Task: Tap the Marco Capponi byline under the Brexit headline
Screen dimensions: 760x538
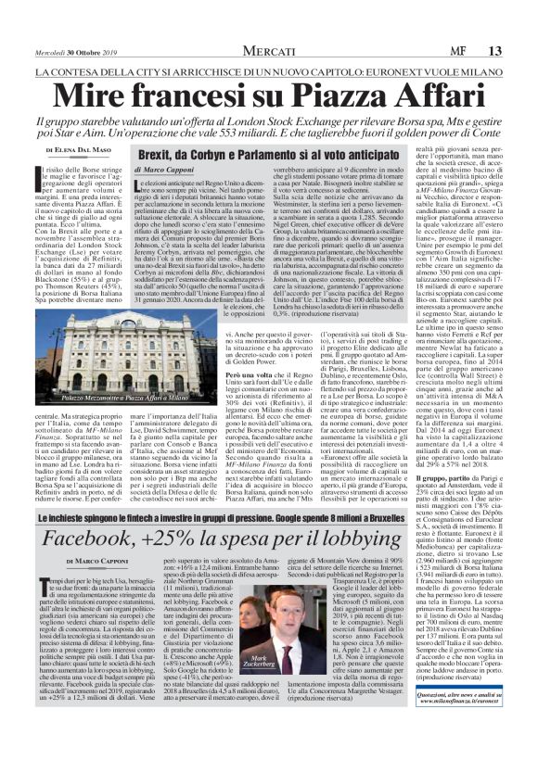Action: [x=165, y=170]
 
